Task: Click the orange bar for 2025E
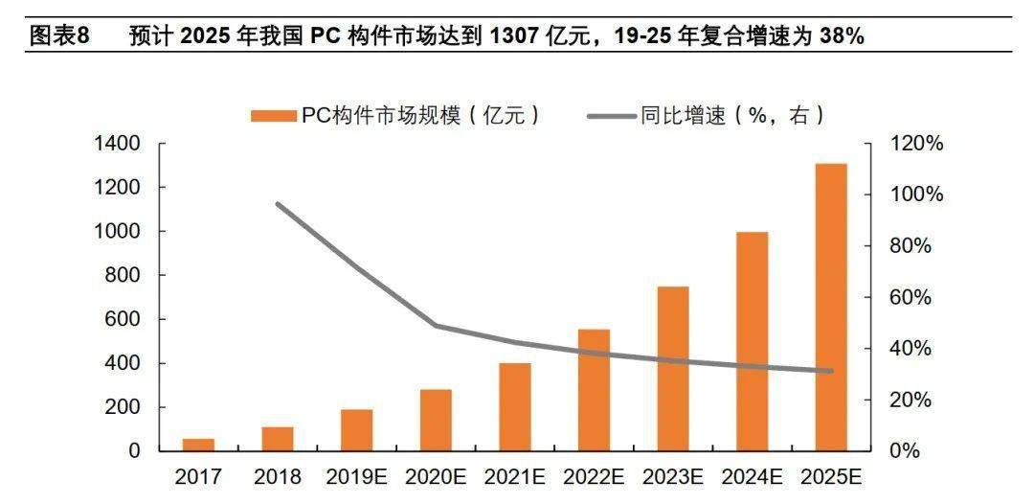point(830,307)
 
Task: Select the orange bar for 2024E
point(752,341)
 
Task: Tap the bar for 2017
point(198,444)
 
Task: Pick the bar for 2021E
point(515,406)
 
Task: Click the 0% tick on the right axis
point(899,450)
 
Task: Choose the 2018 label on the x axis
point(278,476)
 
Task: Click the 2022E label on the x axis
point(594,476)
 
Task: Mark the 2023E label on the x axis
point(673,476)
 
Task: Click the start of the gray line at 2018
point(278,204)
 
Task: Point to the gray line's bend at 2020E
point(436,326)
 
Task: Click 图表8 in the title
point(59,36)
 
